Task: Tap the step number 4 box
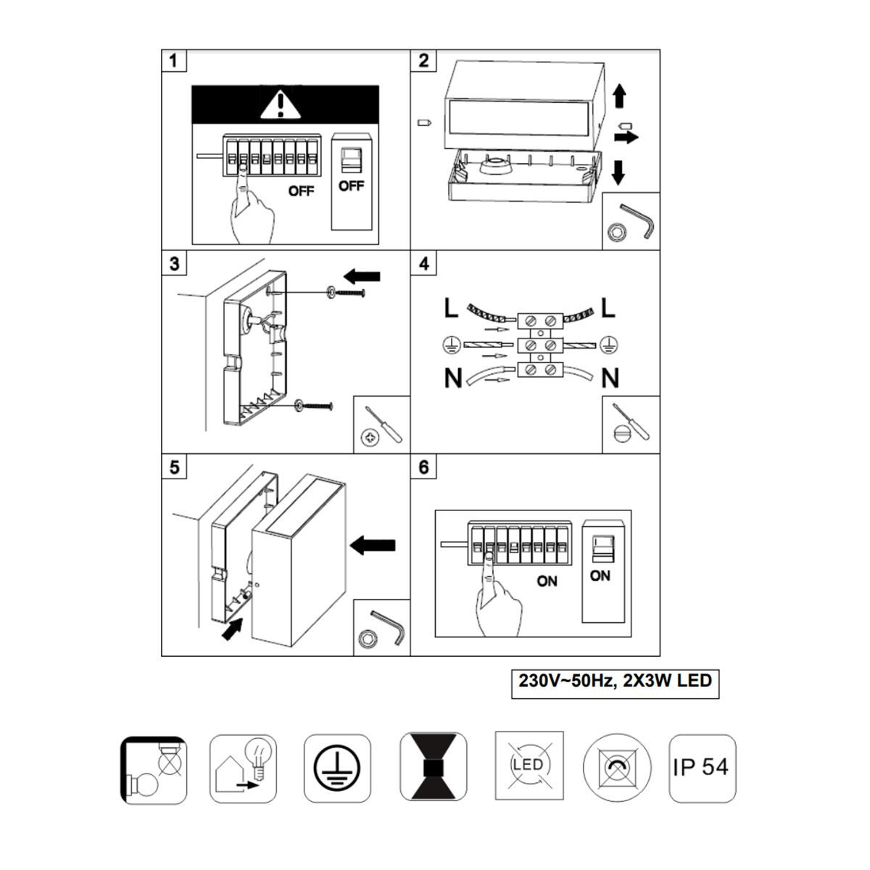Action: pyautogui.click(x=423, y=263)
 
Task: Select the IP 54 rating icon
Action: pyautogui.click(x=702, y=768)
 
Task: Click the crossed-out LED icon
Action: pyautogui.click(x=529, y=766)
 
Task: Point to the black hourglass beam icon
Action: pyautogui.click(x=434, y=766)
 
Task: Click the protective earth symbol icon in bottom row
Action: pyautogui.click(x=337, y=768)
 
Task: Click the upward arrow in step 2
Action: pyautogui.click(x=619, y=96)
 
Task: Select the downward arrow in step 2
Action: pyautogui.click(x=618, y=172)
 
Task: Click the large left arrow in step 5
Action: pyautogui.click(x=373, y=545)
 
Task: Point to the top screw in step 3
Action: pyautogui.click(x=346, y=293)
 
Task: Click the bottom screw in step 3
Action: pyautogui.click(x=313, y=406)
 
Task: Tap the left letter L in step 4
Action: pyautogui.click(x=451, y=309)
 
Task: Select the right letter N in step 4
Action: pyautogui.click(x=610, y=378)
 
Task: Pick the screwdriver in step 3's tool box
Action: pyautogui.click(x=384, y=423)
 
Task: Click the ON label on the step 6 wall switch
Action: pyautogui.click(x=600, y=576)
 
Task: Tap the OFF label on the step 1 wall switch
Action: pyautogui.click(x=351, y=186)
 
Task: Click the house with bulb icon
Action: pyautogui.click(x=243, y=768)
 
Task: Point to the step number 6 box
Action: pyautogui.click(x=423, y=467)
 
